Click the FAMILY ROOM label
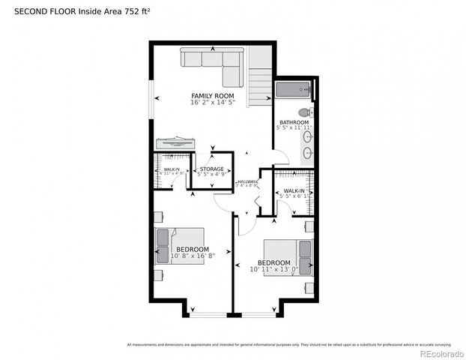coord(212,96)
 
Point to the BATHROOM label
coord(294,122)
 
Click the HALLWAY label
coord(248,181)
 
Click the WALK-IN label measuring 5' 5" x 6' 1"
coord(294,191)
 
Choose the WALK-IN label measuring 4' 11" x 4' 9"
coord(172,170)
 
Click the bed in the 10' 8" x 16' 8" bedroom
coord(179,246)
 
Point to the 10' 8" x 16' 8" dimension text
coord(193,256)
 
